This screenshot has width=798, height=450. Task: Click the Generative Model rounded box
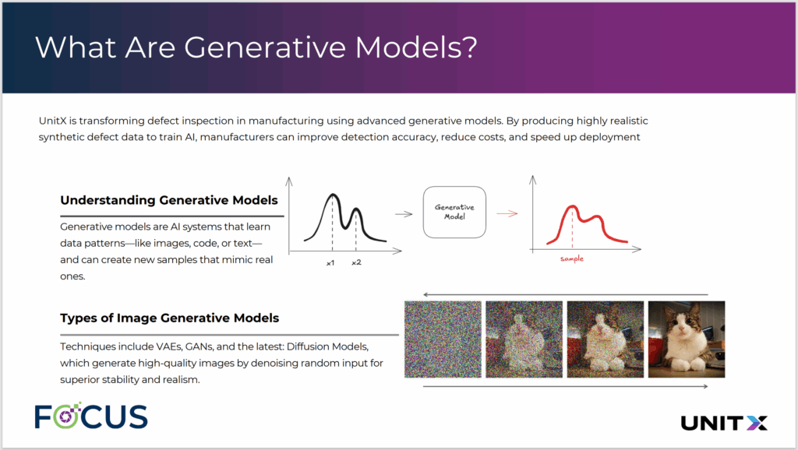pyautogui.click(x=454, y=212)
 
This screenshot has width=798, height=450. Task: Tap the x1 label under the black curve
pyautogui.click(x=330, y=263)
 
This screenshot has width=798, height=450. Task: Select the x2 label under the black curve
pyautogui.click(x=356, y=262)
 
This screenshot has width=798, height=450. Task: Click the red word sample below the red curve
pyautogui.click(x=572, y=258)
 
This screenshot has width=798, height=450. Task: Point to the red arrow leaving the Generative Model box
pyautogui.click(x=507, y=213)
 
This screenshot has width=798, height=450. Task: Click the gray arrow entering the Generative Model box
pyautogui.click(x=404, y=214)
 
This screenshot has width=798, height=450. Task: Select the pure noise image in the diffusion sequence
pyautogui.click(x=443, y=339)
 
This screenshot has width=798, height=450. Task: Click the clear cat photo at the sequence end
pyautogui.click(x=687, y=339)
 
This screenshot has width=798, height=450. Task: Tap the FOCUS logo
pyautogui.click(x=91, y=416)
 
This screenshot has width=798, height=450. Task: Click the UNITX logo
pyautogui.click(x=724, y=423)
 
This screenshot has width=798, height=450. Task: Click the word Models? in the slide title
pyautogui.click(x=416, y=47)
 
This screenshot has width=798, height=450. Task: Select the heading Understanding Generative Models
pyautogui.click(x=169, y=200)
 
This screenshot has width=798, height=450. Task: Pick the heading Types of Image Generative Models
pyautogui.click(x=169, y=318)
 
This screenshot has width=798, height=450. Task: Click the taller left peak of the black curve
pyautogui.click(x=333, y=194)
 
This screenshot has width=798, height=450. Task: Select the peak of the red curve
pyautogui.click(x=573, y=206)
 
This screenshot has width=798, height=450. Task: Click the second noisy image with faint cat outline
pyautogui.click(x=524, y=339)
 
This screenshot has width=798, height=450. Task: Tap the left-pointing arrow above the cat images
pyautogui.click(x=566, y=294)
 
